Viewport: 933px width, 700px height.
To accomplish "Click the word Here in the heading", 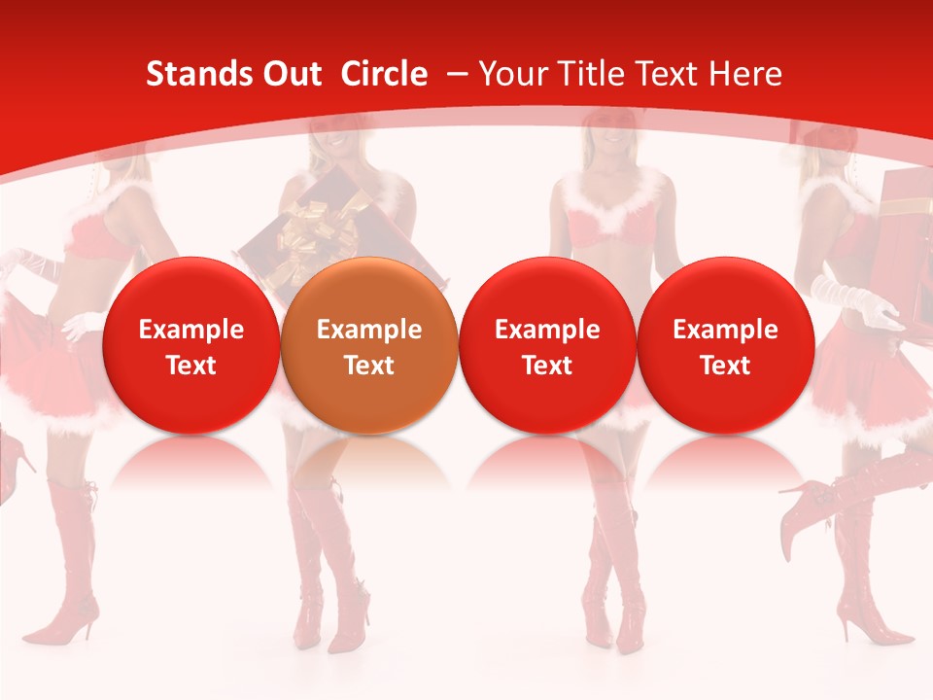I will point(745,74).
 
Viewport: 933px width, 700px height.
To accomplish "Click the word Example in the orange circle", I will point(369,330).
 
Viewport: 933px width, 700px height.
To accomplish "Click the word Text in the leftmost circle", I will point(191,366).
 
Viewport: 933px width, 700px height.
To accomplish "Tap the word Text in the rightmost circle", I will point(725,366).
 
